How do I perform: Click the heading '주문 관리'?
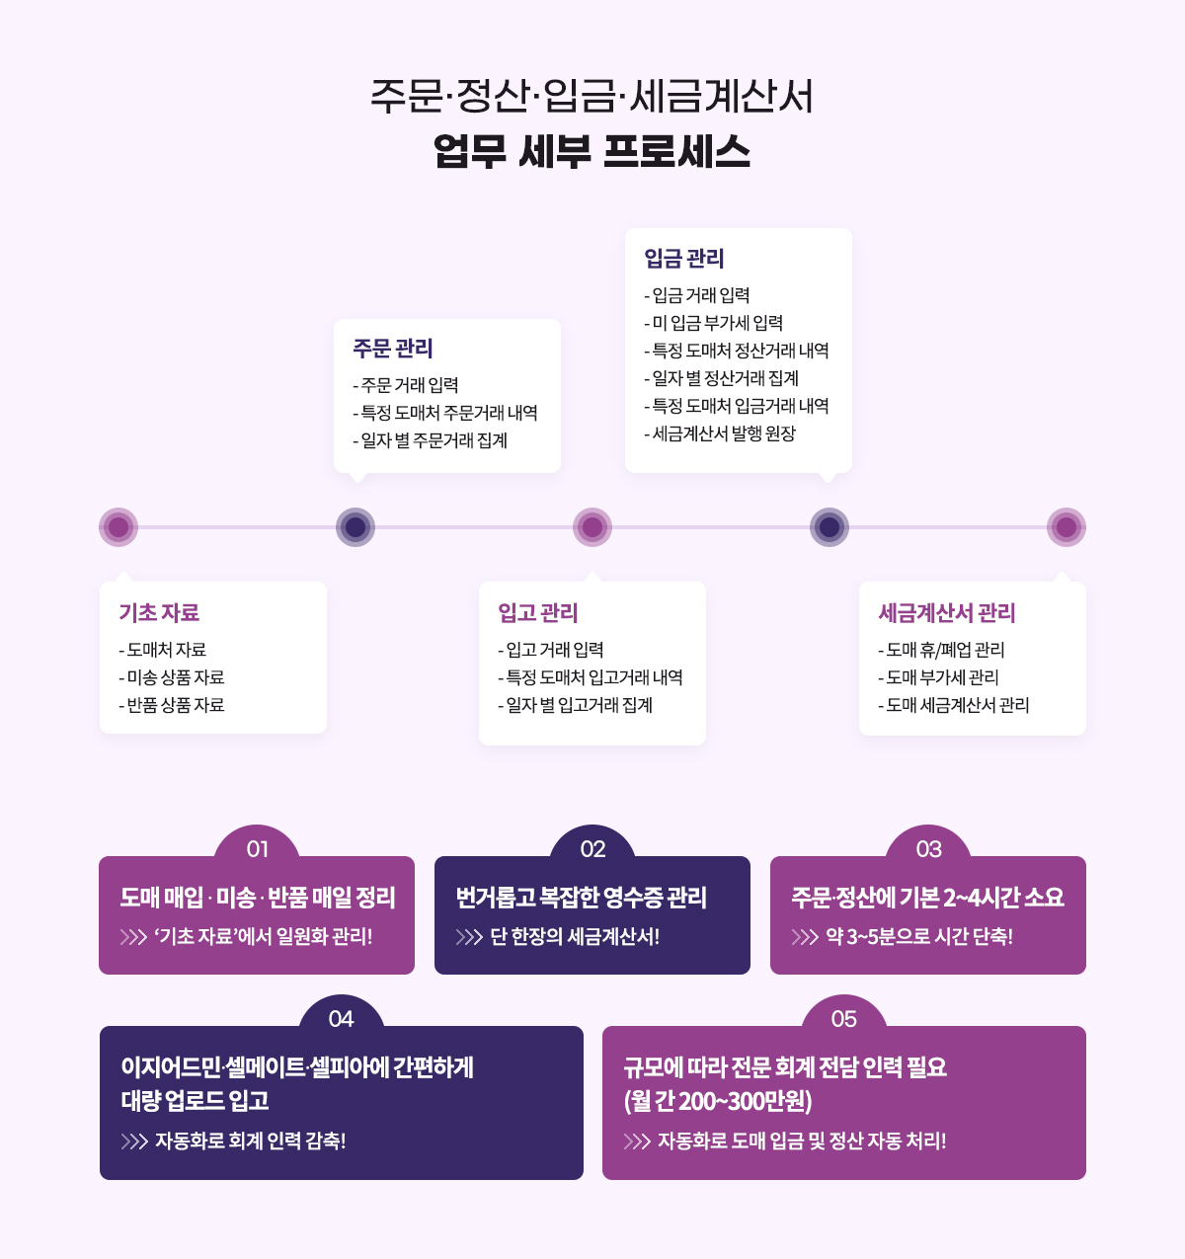click(393, 349)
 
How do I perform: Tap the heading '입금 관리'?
click(684, 259)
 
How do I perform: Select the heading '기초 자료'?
click(159, 613)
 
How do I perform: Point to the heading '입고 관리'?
click(538, 613)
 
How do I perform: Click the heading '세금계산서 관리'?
click(947, 613)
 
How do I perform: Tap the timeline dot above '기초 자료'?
click(118, 527)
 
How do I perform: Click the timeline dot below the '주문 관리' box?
click(355, 527)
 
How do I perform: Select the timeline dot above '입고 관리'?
click(592, 527)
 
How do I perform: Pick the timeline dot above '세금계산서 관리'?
click(1066, 527)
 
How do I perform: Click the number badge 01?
click(258, 849)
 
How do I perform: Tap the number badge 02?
click(592, 849)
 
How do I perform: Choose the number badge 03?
click(928, 849)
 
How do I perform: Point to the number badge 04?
click(341, 1019)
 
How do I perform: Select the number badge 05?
click(844, 1019)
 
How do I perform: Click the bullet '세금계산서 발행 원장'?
click(724, 433)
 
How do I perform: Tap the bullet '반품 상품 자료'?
click(176, 705)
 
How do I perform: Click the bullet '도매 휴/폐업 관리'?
click(945, 650)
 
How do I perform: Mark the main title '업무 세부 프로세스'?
click(592, 152)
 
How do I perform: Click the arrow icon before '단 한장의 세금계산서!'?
click(469, 937)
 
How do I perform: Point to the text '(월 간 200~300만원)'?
click(718, 1101)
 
